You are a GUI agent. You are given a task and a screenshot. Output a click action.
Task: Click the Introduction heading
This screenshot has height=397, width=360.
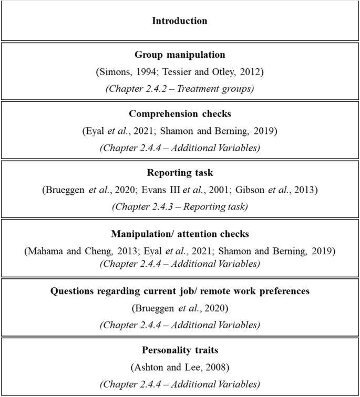click(180, 21)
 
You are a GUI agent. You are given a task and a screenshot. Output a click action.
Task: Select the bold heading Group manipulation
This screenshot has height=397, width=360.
click(180, 55)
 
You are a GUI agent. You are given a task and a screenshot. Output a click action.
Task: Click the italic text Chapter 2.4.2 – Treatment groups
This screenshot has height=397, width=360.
click(180, 89)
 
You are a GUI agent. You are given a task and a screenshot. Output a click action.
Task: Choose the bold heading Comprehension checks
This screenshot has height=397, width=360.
click(180, 113)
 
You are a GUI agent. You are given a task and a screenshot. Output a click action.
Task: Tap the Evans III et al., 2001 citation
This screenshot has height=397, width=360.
click(185, 190)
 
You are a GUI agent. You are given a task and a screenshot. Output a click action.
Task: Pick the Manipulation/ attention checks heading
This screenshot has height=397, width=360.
click(180, 233)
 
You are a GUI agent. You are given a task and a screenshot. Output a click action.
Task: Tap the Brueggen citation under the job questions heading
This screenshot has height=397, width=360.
click(180, 308)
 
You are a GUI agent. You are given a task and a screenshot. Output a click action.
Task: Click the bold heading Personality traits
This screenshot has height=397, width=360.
click(180, 350)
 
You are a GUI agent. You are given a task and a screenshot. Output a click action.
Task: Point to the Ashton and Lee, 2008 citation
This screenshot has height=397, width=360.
click(180, 368)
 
